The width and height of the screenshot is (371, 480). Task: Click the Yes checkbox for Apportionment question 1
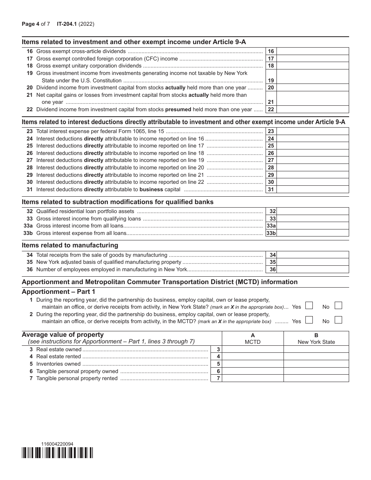[x=309, y=306]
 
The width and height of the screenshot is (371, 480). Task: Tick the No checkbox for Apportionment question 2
[x=339, y=320]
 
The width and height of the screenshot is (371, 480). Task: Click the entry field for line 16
[x=312, y=51]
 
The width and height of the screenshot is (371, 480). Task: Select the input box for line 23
[x=312, y=132]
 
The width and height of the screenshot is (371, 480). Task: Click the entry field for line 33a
[x=312, y=226]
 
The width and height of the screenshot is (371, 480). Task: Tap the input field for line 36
[x=312, y=270]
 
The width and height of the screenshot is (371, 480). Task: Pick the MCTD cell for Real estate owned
[x=252, y=349]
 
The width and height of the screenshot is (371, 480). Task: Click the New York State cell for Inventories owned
[x=316, y=364]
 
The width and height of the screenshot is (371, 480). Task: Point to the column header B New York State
[x=316, y=338]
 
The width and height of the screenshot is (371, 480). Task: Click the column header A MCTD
[x=252, y=338]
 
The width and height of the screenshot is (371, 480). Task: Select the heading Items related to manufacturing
[x=70, y=245]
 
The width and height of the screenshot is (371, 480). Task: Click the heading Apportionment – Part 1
[x=58, y=292]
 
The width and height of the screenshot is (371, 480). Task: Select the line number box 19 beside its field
[x=271, y=80]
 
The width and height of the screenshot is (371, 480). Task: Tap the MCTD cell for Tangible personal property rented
[x=252, y=378]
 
